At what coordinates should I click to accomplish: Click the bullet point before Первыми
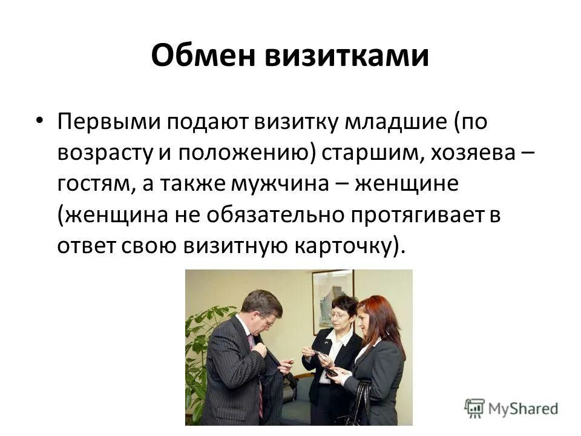pyautogui.click(x=39, y=120)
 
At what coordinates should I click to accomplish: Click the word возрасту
pyautogui.click(x=105, y=153)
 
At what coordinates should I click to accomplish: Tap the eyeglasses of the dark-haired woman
pyautogui.click(x=339, y=315)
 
